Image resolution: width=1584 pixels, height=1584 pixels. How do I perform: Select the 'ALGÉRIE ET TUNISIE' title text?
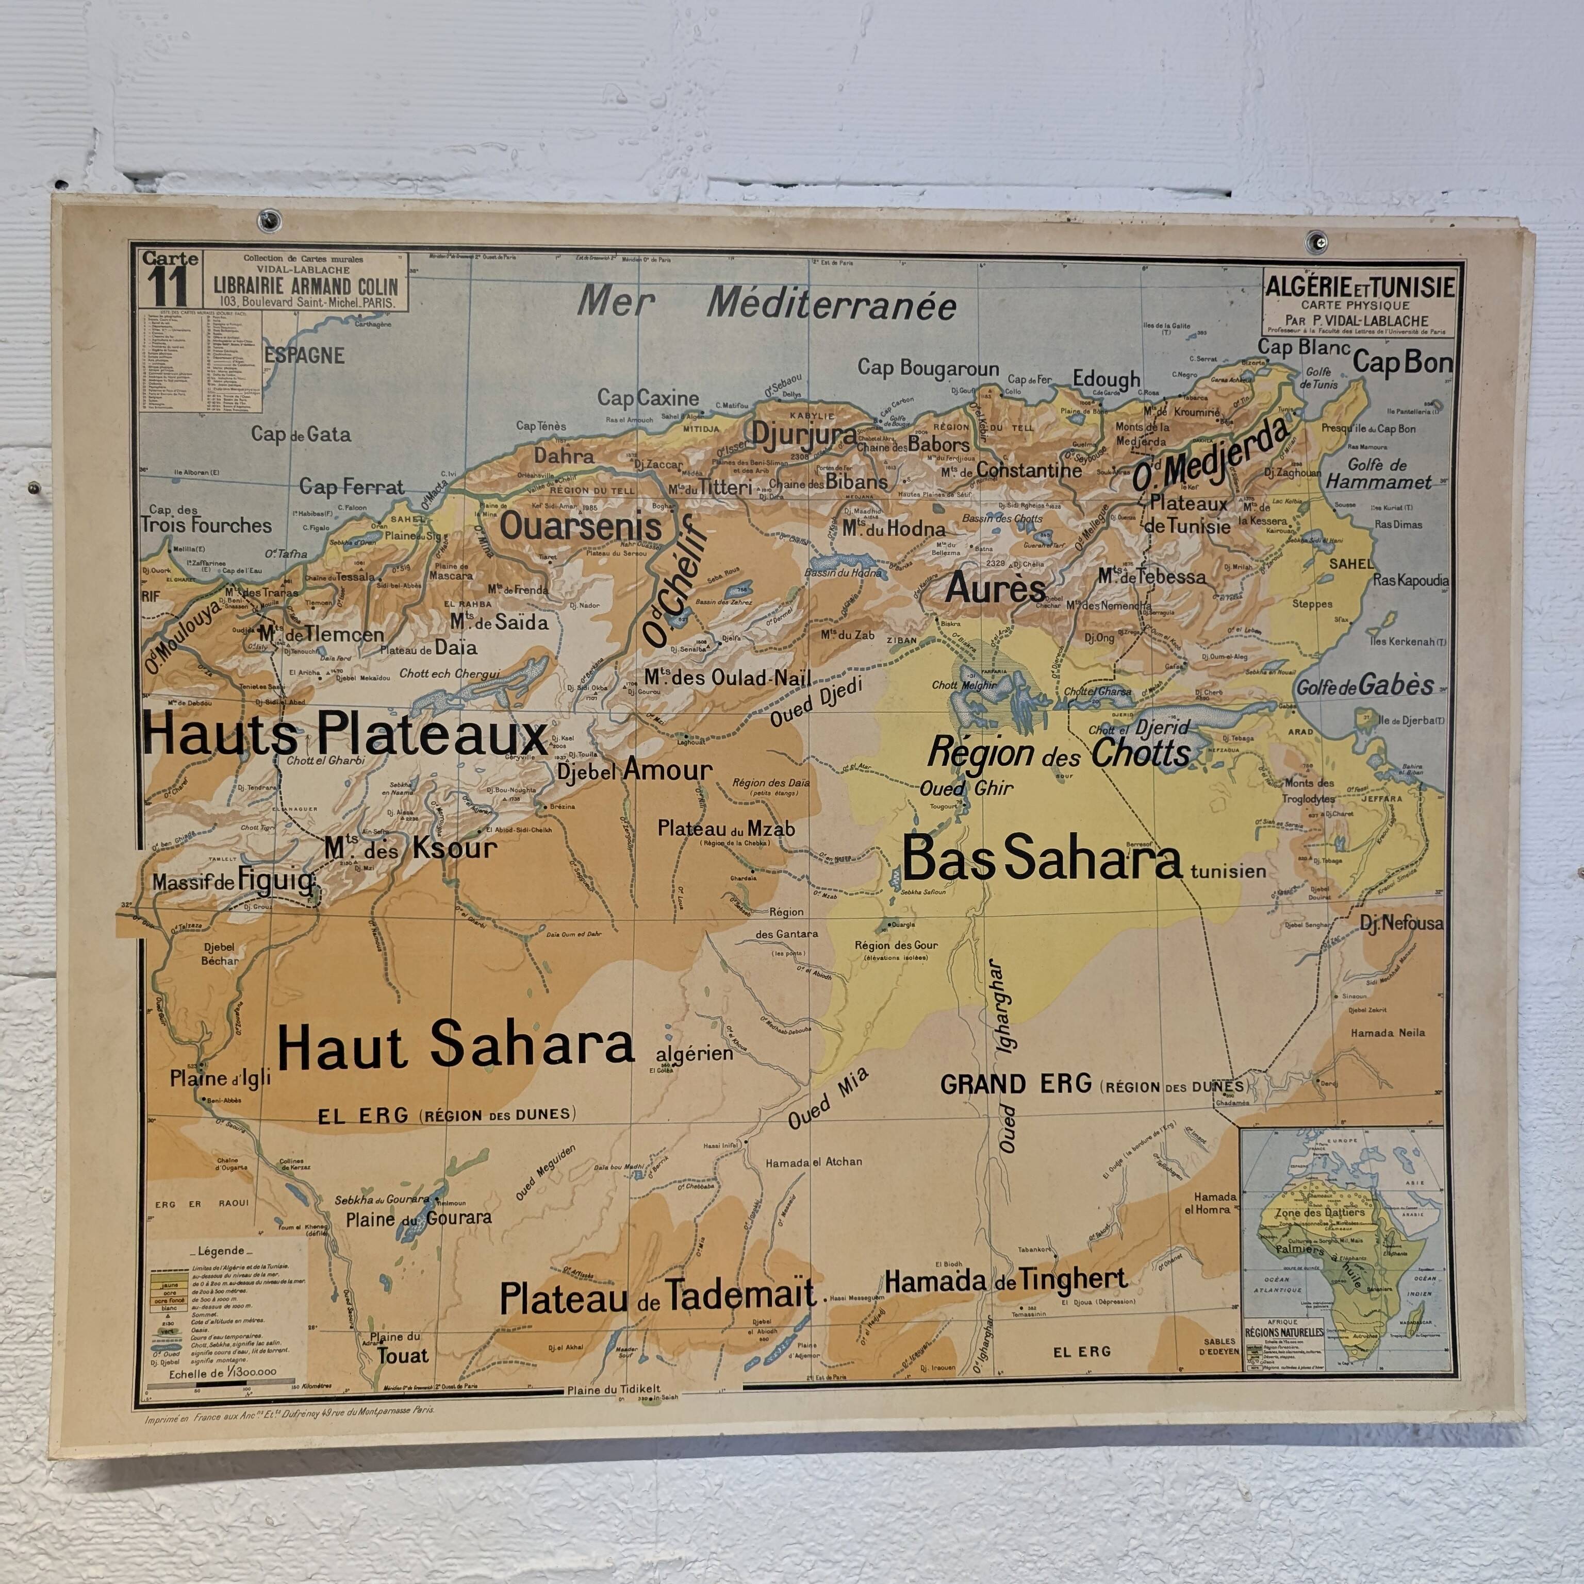(x=1359, y=287)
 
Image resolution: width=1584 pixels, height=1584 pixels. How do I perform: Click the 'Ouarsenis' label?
(x=580, y=526)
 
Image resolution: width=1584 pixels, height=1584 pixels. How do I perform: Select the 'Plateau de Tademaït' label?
(x=657, y=1296)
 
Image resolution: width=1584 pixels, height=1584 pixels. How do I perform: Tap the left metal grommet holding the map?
(x=268, y=219)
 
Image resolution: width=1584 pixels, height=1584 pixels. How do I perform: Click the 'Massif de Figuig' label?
(x=233, y=881)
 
